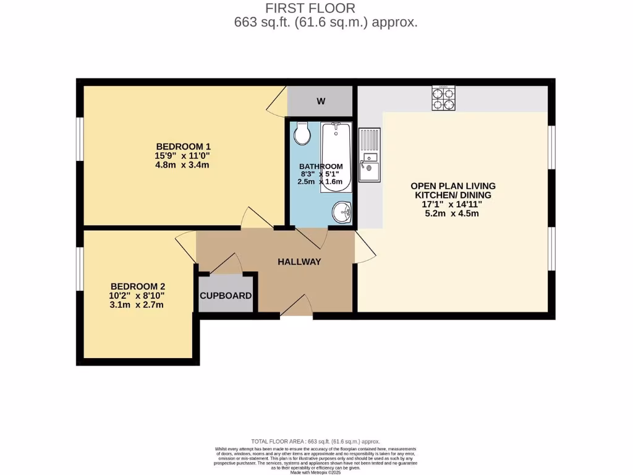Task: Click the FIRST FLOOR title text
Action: pyautogui.click(x=310, y=8)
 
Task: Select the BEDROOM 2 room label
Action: pyautogui.click(x=137, y=286)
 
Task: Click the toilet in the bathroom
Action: pyautogui.click(x=302, y=132)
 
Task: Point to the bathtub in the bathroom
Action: pyautogui.click(x=336, y=156)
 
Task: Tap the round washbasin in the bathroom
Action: pyautogui.click(x=341, y=213)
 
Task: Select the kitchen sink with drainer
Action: pyautogui.click(x=370, y=156)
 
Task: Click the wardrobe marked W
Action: pyautogui.click(x=321, y=101)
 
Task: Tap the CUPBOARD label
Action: pyautogui.click(x=226, y=296)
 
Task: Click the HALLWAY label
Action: pyautogui.click(x=299, y=262)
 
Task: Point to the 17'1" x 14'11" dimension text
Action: pyautogui.click(x=453, y=204)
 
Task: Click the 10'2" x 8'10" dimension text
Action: pyautogui.click(x=137, y=296)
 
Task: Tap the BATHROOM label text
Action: pyautogui.click(x=321, y=166)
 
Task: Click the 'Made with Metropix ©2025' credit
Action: pyautogui.click(x=315, y=472)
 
